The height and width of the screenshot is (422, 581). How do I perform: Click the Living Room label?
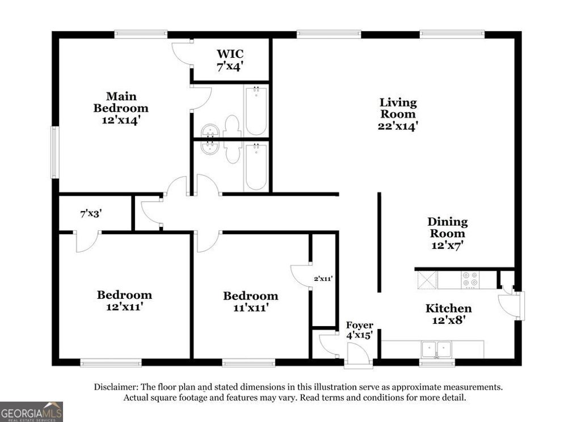(398, 114)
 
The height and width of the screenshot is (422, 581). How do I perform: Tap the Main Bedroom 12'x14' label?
(121, 108)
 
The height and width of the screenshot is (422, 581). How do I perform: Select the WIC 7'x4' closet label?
(230, 60)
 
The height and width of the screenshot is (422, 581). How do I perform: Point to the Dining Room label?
(447, 233)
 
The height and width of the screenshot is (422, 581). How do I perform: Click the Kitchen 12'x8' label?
(448, 314)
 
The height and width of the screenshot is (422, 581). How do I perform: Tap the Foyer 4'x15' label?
(360, 330)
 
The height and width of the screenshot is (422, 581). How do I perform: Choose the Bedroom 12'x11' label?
(124, 301)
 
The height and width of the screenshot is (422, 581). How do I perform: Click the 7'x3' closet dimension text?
(91, 214)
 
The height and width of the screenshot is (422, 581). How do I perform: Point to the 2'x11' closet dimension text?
(323, 278)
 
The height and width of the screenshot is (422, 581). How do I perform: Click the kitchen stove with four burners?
(470, 279)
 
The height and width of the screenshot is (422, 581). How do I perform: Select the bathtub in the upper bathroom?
(256, 110)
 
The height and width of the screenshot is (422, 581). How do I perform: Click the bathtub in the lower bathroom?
(256, 167)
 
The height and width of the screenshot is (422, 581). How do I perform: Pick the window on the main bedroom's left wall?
(54, 152)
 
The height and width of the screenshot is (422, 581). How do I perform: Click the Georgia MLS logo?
(31, 411)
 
